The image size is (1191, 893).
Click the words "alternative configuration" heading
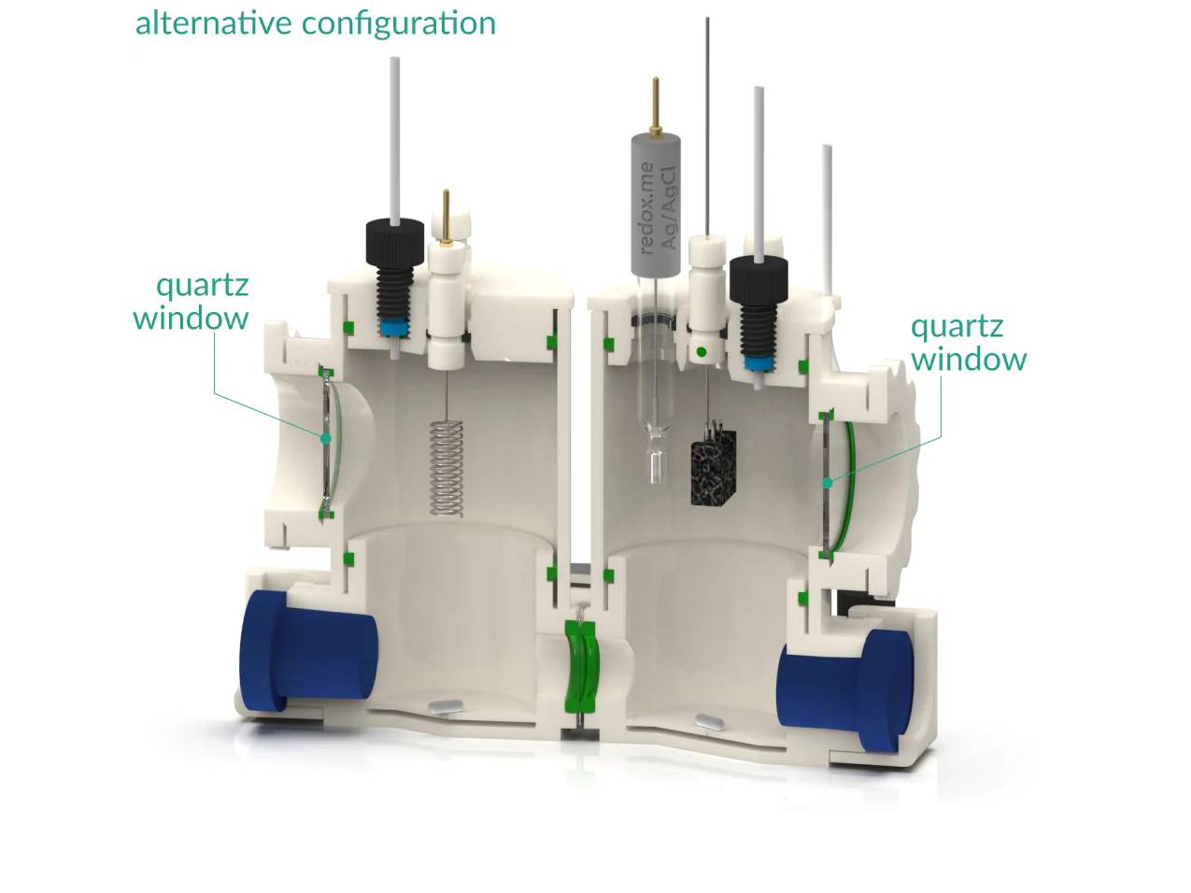tap(315, 22)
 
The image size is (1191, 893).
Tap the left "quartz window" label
tap(191, 301)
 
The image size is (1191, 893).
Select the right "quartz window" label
tap(968, 342)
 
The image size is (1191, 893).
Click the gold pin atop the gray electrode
tap(658, 102)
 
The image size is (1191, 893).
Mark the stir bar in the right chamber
tap(709, 720)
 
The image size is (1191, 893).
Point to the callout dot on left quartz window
tap(326, 437)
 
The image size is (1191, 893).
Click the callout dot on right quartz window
tap(827, 483)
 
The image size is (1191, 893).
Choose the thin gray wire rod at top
tap(708, 121)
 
